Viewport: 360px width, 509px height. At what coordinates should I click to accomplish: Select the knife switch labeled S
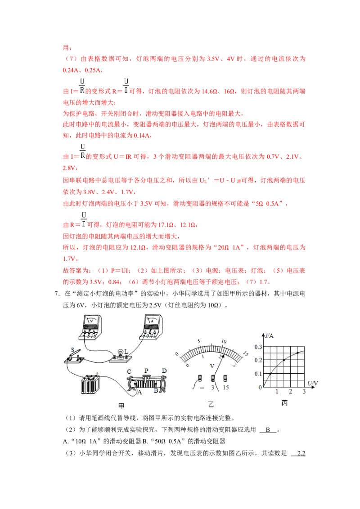coord(74,357)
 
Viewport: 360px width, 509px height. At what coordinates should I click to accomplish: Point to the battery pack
coord(90,384)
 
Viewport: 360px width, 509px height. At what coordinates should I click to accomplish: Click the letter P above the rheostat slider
coord(146,371)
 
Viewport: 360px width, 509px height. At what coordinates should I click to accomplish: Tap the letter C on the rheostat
coord(129,371)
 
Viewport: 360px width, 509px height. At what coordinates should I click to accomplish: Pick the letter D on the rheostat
coord(164,371)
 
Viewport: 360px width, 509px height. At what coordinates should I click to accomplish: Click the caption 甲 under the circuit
coord(121,406)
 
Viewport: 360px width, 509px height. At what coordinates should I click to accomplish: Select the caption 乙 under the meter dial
coord(211,405)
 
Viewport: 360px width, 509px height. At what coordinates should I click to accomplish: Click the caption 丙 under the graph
coord(284,403)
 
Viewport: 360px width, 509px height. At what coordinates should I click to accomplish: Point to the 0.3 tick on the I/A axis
coord(258,347)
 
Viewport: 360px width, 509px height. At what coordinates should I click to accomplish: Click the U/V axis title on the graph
coord(313,384)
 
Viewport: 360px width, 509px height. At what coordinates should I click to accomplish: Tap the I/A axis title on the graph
coord(269,335)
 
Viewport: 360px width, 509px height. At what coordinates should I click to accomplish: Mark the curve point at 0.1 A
coord(270,374)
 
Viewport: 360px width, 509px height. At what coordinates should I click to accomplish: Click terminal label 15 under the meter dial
coord(225,387)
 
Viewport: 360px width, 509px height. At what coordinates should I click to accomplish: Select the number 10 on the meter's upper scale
coord(224,341)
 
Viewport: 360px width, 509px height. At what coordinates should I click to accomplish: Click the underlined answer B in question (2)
coord(268,430)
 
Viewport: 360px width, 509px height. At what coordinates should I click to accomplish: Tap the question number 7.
coord(57,294)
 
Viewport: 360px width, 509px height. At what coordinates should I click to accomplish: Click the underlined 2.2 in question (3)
coord(301,453)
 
